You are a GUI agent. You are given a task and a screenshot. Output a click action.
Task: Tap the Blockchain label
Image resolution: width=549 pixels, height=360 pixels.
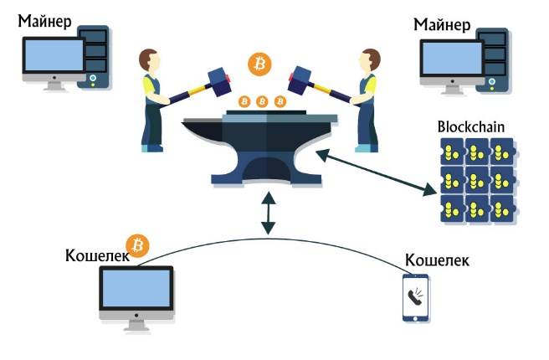[x=471, y=126]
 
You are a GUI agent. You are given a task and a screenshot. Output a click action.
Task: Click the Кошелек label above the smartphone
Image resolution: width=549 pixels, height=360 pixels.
[x=436, y=260]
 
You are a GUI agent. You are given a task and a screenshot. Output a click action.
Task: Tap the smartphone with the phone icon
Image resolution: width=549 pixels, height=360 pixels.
[x=415, y=296]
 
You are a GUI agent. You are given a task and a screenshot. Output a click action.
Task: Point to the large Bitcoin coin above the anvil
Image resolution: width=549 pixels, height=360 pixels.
[x=260, y=64]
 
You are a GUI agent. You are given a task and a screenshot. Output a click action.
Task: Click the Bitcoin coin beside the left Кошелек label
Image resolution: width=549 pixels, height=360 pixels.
[x=137, y=244]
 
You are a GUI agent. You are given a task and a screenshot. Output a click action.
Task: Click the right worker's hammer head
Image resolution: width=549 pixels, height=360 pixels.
[x=299, y=80]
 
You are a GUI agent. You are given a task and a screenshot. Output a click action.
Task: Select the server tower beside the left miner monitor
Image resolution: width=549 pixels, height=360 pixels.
[x=94, y=57]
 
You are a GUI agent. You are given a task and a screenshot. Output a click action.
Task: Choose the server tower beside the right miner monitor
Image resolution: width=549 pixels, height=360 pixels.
[x=492, y=58]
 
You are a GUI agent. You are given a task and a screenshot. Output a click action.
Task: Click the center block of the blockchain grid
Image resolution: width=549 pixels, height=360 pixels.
[x=478, y=180]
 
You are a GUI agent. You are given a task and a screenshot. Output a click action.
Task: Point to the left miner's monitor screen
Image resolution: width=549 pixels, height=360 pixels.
[x=49, y=55]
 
